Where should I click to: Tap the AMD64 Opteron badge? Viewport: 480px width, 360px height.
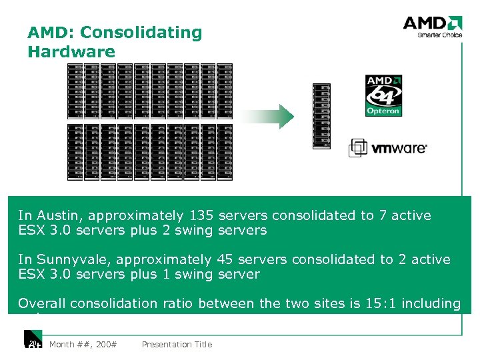click(383, 95)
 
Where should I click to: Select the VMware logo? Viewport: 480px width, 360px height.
click(388, 148)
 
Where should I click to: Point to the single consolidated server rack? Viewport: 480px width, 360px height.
click(321, 117)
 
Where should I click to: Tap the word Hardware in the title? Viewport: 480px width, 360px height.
click(71, 51)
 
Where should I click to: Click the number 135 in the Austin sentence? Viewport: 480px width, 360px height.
click(201, 215)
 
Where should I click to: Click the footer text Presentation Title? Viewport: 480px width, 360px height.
click(177, 345)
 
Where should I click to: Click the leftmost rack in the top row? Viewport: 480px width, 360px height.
click(75, 91)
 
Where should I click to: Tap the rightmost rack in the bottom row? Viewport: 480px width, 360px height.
click(225, 152)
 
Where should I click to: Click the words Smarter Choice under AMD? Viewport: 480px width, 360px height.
click(440, 35)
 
